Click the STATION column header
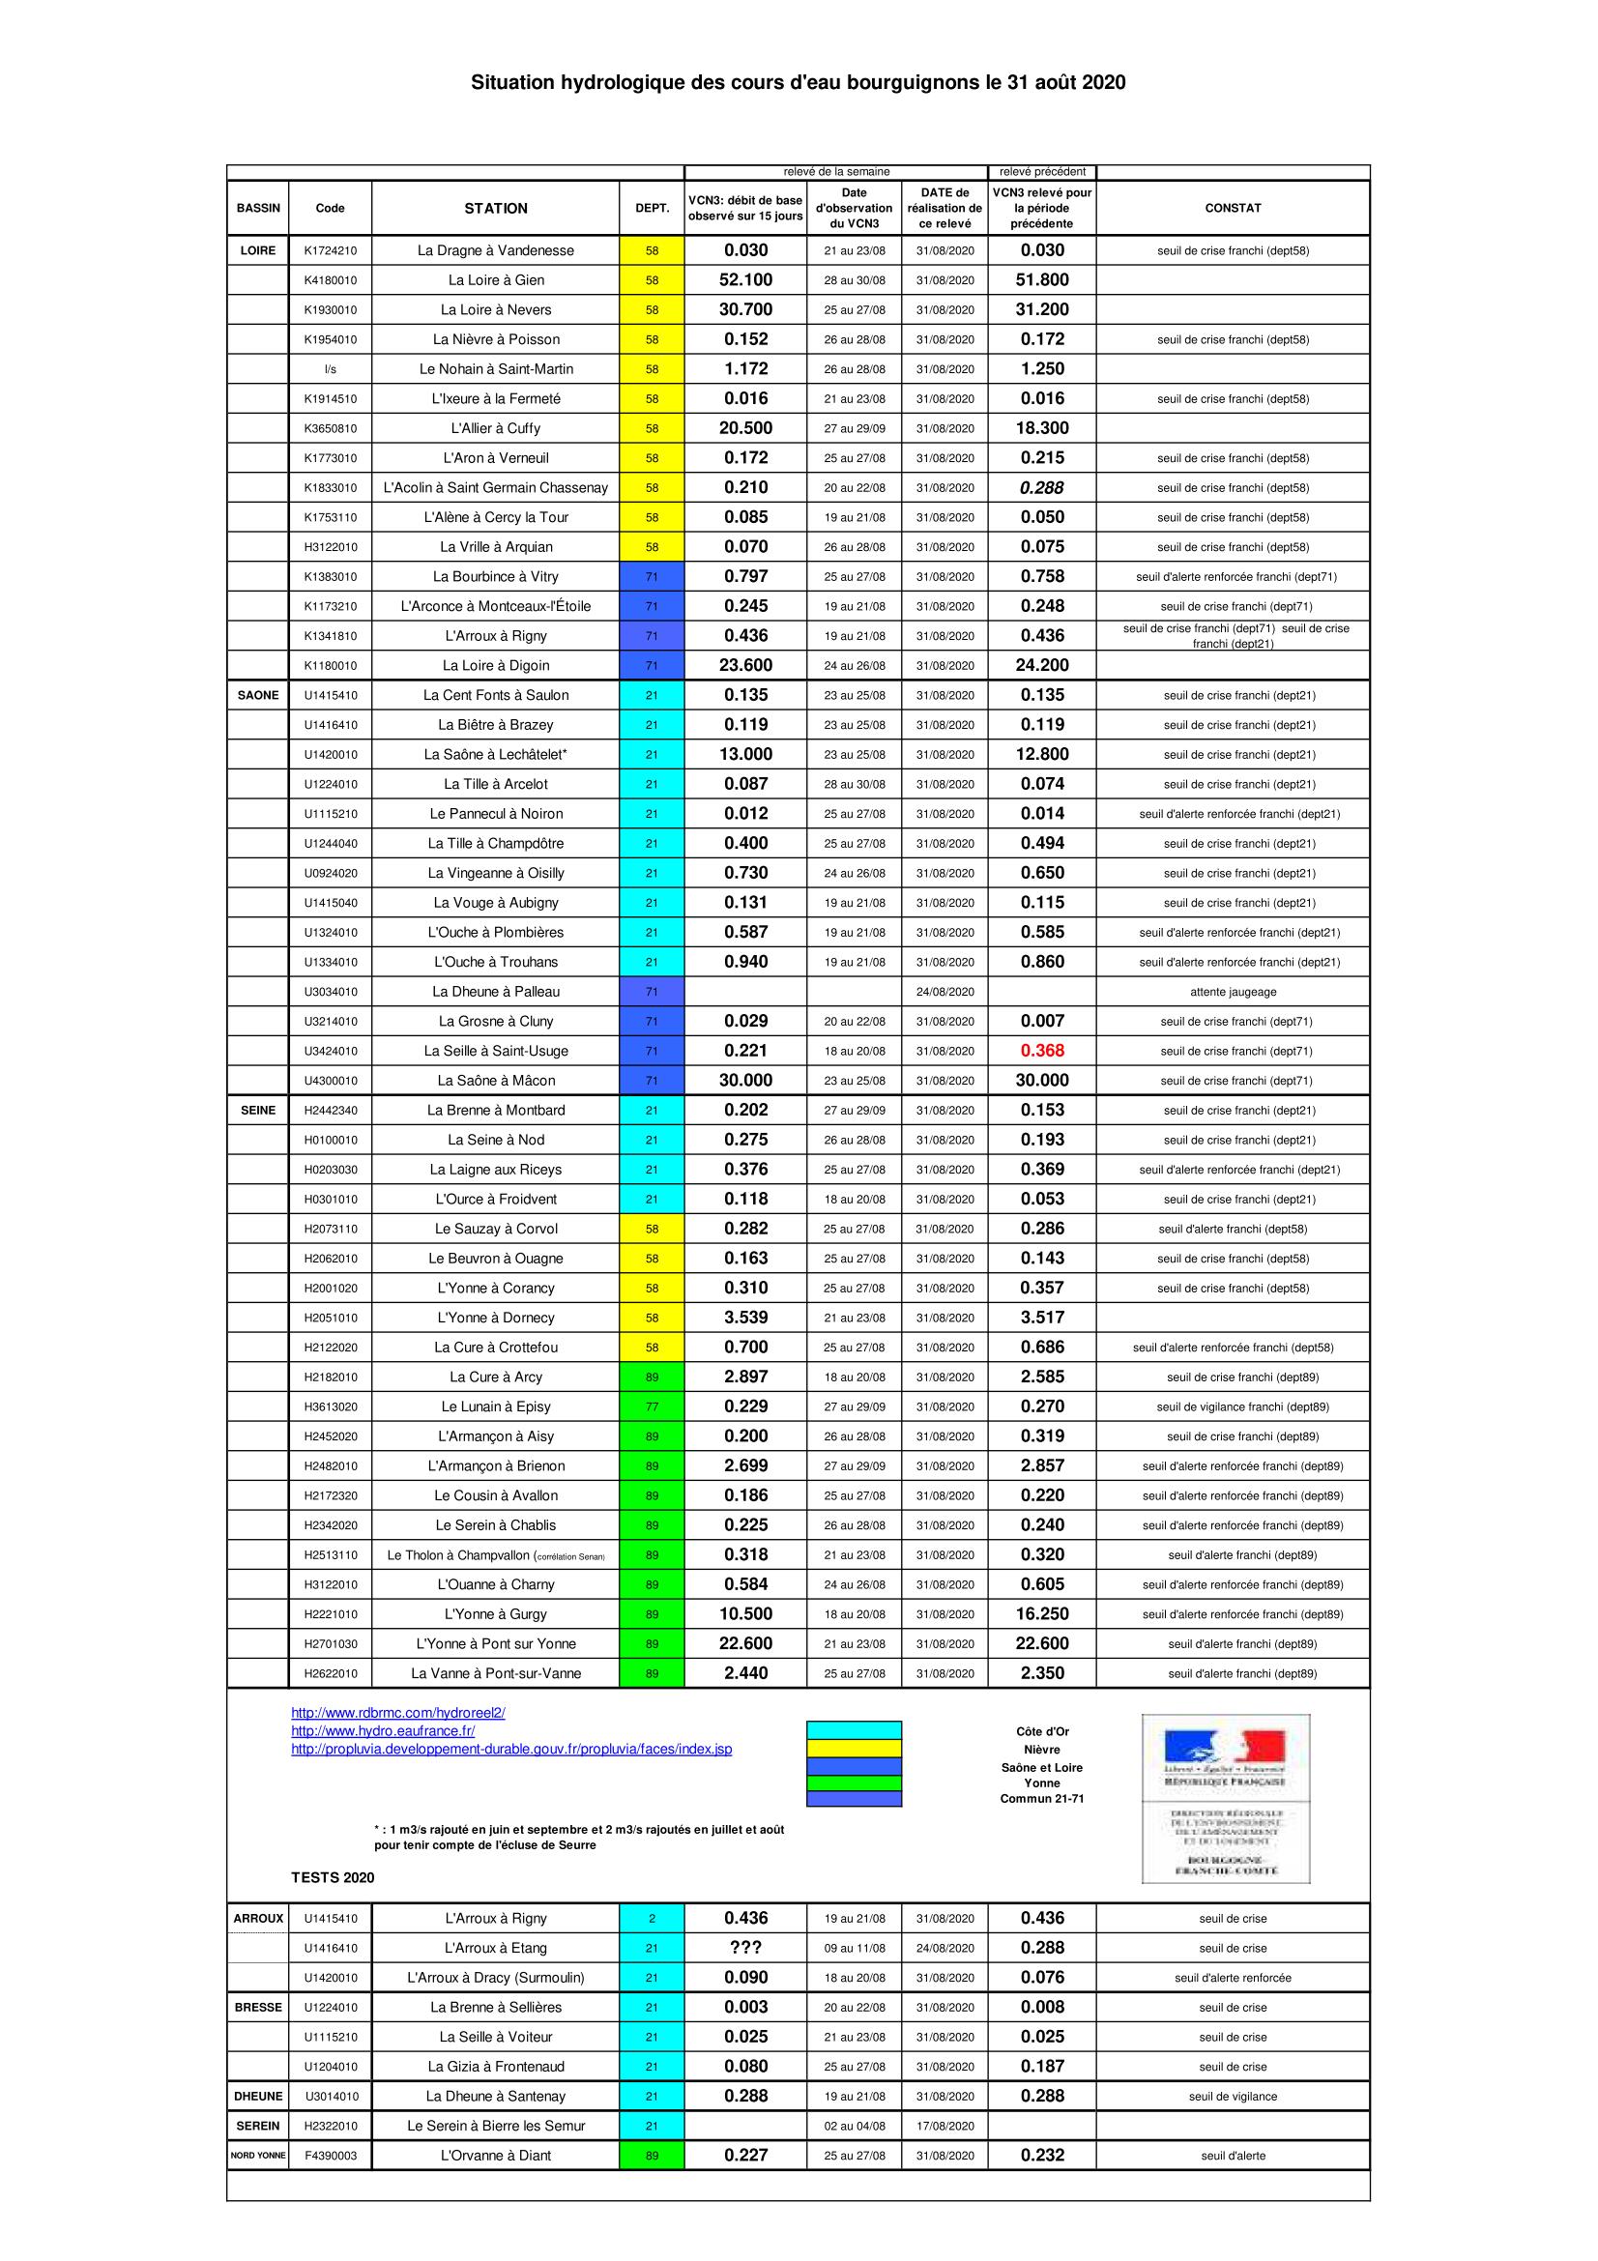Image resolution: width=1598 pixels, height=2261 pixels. [x=495, y=208]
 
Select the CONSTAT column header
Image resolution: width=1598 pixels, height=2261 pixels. [x=1232, y=208]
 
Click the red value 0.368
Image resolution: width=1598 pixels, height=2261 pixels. [x=1042, y=1051]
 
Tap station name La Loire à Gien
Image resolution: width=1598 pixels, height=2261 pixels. [x=495, y=279]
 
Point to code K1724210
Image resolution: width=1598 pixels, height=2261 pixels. [x=330, y=250]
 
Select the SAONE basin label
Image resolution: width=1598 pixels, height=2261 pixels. [x=258, y=695]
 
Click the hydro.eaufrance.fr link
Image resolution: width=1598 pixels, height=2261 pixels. [x=383, y=1730]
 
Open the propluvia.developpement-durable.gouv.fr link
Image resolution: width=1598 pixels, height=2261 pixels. [x=511, y=1749]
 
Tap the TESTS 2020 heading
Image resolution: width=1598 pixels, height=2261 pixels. [x=333, y=1878]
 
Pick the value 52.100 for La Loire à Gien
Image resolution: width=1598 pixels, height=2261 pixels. [x=745, y=279]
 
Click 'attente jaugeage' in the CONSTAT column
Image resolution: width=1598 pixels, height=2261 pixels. [x=1232, y=992]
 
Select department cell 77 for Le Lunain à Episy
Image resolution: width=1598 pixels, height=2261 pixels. [x=652, y=1406]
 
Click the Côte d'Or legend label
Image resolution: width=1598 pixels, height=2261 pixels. [x=1042, y=1731]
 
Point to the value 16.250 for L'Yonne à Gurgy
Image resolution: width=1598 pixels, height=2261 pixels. [x=1042, y=1614]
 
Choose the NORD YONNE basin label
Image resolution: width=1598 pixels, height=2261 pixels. [x=258, y=2156]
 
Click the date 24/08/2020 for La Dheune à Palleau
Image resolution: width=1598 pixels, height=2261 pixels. [x=944, y=992]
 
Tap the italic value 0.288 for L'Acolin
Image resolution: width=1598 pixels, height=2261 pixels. [x=1042, y=487]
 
